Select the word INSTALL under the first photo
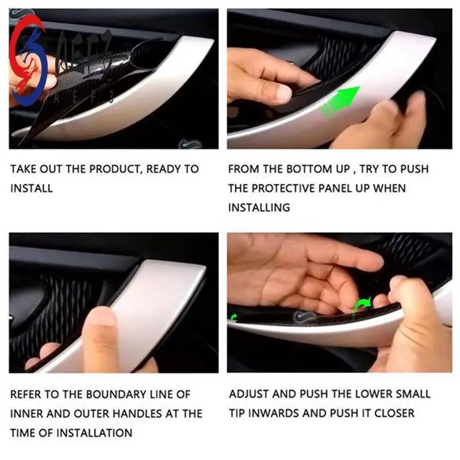point(32,188)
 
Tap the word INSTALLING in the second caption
point(259,207)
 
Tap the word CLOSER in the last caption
point(394,413)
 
